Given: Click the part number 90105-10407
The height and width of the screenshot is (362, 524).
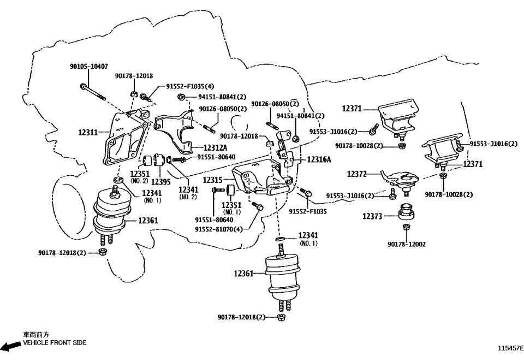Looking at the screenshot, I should coord(88,66).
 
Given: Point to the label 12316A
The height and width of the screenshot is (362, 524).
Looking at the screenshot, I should coord(319,159).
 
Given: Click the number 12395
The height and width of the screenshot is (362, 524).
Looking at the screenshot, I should coord(160,182).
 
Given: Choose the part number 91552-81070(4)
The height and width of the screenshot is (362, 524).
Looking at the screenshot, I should coord(219,229).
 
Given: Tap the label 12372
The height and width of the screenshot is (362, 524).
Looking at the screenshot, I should coord(358,175).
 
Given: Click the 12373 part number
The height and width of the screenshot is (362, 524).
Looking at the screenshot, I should coord(373,216).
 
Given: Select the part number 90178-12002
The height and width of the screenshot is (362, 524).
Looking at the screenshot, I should coord(407,244).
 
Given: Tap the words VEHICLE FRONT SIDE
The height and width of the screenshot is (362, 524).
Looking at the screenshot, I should coord(54,343).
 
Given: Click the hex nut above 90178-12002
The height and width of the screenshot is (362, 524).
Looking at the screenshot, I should coord(406,227).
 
